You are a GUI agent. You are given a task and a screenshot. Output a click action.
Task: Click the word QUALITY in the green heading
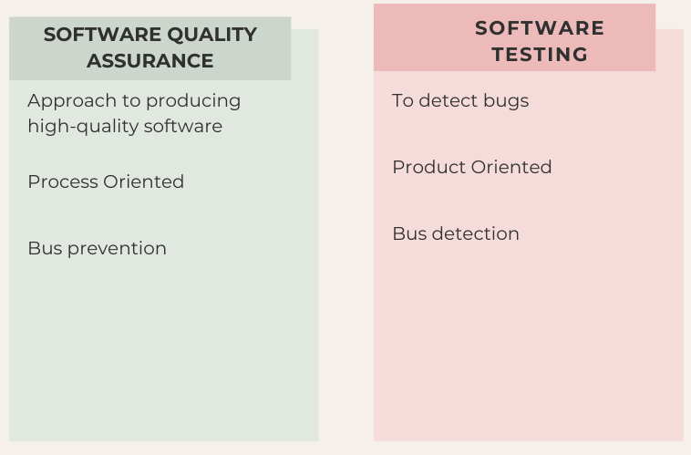[212, 35]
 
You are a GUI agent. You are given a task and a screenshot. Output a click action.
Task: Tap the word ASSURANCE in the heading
[150, 61]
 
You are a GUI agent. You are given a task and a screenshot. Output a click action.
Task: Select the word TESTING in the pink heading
[540, 55]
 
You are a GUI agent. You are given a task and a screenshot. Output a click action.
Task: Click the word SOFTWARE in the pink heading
[540, 28]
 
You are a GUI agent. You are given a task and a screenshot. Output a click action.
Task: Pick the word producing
[193, 101]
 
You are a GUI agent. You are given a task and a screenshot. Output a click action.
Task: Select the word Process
[62, 181]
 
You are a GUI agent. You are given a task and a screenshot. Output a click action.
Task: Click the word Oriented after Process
[144, 181]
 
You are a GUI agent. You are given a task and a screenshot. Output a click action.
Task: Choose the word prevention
[118, 249]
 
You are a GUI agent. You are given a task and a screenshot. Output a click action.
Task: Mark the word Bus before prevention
[45, 248]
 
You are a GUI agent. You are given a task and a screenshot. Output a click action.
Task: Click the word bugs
[506, 101]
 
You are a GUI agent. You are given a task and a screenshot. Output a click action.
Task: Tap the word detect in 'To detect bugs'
[449, 100]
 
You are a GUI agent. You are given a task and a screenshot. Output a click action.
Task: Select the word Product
[428, 167]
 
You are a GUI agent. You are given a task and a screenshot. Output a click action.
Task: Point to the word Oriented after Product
[511, 167]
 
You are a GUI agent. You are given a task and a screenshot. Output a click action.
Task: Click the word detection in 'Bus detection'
[476, 233]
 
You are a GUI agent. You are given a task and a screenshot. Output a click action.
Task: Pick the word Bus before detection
[409, 233]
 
